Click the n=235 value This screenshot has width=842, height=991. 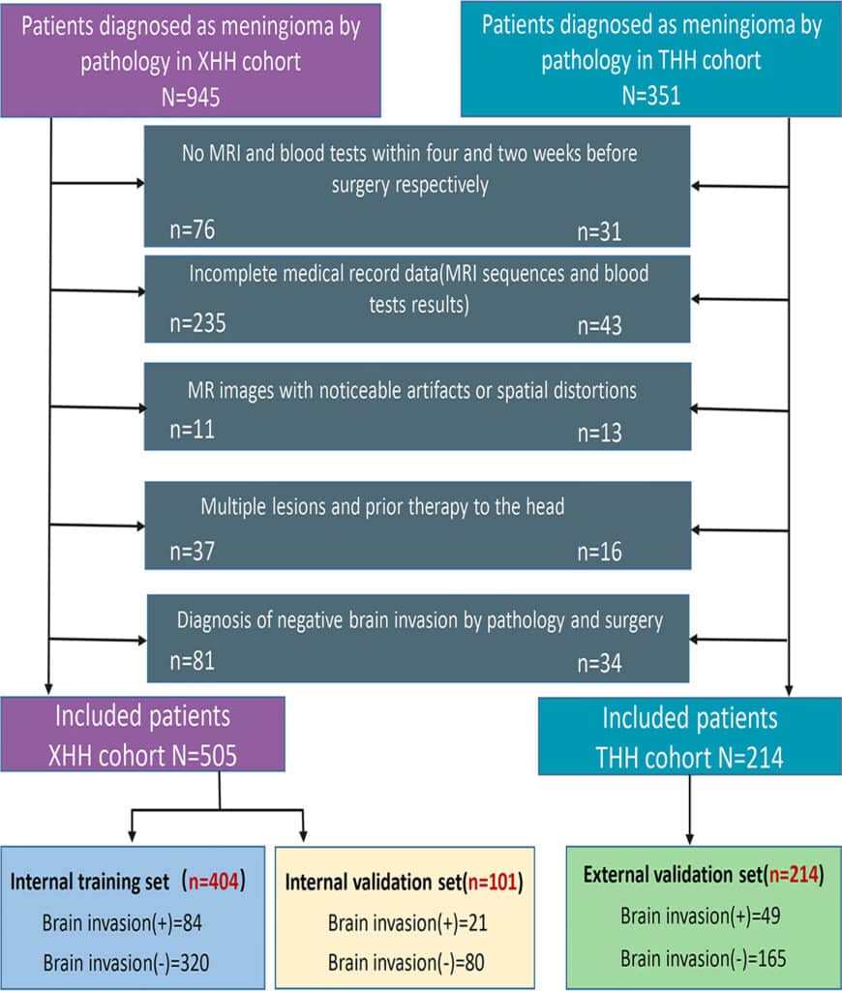[x=197, y=324]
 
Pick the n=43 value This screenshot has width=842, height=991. [x=599, y=325]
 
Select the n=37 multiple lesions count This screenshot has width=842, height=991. [x=192, y=552]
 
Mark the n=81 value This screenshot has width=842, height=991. [x=192, y=662]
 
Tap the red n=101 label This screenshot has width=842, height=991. [x=494, y=883]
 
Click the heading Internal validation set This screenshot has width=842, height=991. [x=376, y=883]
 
